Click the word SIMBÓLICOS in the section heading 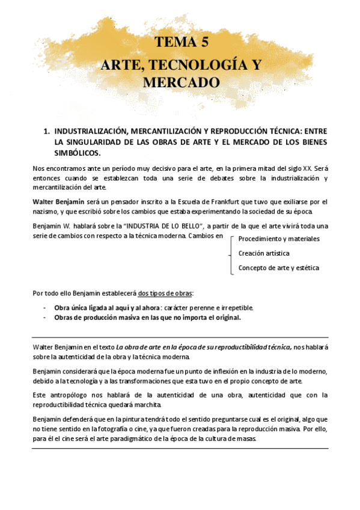point(76,153)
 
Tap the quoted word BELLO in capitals point(185,226)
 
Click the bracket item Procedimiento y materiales point(279,239)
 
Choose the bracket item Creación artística point(263,253)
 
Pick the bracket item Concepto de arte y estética point(278,268)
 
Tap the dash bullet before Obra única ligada point(45,307)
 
